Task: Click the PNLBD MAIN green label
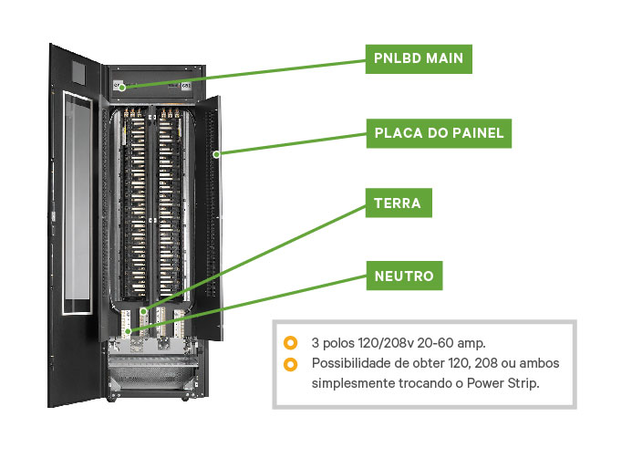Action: (x=419, y=58)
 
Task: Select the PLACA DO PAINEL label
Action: (x=439, y=133)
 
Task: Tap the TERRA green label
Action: (x=398, y=203)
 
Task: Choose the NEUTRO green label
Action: (x=405, y=275)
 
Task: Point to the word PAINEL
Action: (x=476, y=133)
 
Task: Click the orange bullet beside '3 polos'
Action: (x=290, y=343)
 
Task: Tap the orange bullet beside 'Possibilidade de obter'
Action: (x=290, y=364)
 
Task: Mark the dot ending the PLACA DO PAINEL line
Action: (x=216, y=154)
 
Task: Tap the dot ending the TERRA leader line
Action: (x=143, y=312)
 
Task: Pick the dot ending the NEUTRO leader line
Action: (x=129, y=331)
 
